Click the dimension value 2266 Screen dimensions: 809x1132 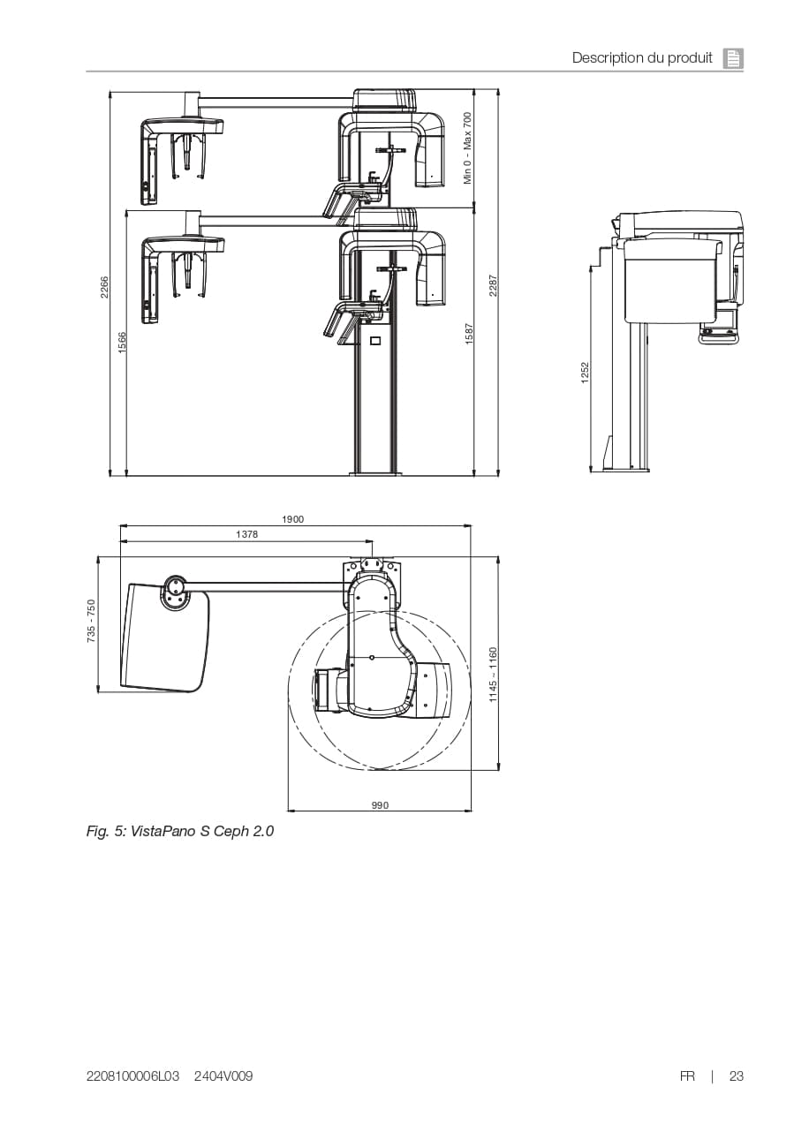(104, 287)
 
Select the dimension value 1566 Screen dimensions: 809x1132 (122, 343)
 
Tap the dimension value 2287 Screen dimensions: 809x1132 (494, 285)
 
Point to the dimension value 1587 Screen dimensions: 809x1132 (469, 334)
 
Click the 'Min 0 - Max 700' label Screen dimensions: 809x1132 (468, 148)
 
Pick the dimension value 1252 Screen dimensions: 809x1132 (585, 373)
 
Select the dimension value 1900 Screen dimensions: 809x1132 (292, 519)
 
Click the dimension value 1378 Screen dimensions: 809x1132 (246, 535)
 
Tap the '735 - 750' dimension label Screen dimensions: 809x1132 (91, 621)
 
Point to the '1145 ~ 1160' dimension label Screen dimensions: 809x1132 (494, 675)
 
